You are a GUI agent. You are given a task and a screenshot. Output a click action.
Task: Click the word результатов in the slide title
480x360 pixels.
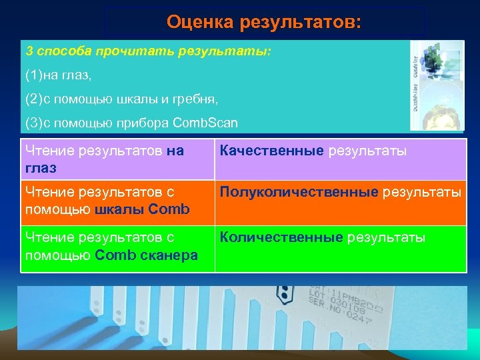[299, 23]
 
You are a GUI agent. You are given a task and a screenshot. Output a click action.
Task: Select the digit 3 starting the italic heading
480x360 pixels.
[29, 51]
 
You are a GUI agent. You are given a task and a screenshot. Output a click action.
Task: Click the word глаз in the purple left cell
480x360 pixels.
[40, 169]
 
